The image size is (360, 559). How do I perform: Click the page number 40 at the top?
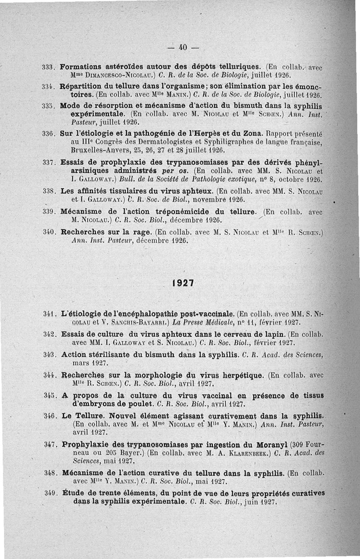182,46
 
